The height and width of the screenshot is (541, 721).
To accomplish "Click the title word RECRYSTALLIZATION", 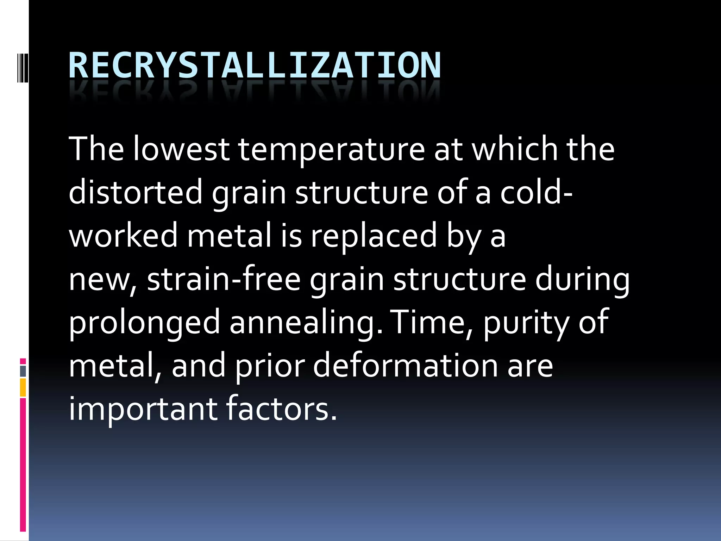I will pos(254,66).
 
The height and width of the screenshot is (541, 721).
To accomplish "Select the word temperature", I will pos(332,149).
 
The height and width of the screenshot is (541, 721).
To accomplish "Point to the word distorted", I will pos(136,192).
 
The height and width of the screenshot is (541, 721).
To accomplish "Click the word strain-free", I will pos(224,279).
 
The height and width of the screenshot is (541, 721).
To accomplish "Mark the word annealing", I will pos(306,323).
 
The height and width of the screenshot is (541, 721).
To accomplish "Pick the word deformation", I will pos(405,366).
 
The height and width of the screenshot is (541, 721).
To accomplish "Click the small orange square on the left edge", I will pos(23,387).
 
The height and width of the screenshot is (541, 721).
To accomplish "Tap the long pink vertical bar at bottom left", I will pos(23,465).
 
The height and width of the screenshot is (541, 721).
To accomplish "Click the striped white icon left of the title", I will pos(22,66).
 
